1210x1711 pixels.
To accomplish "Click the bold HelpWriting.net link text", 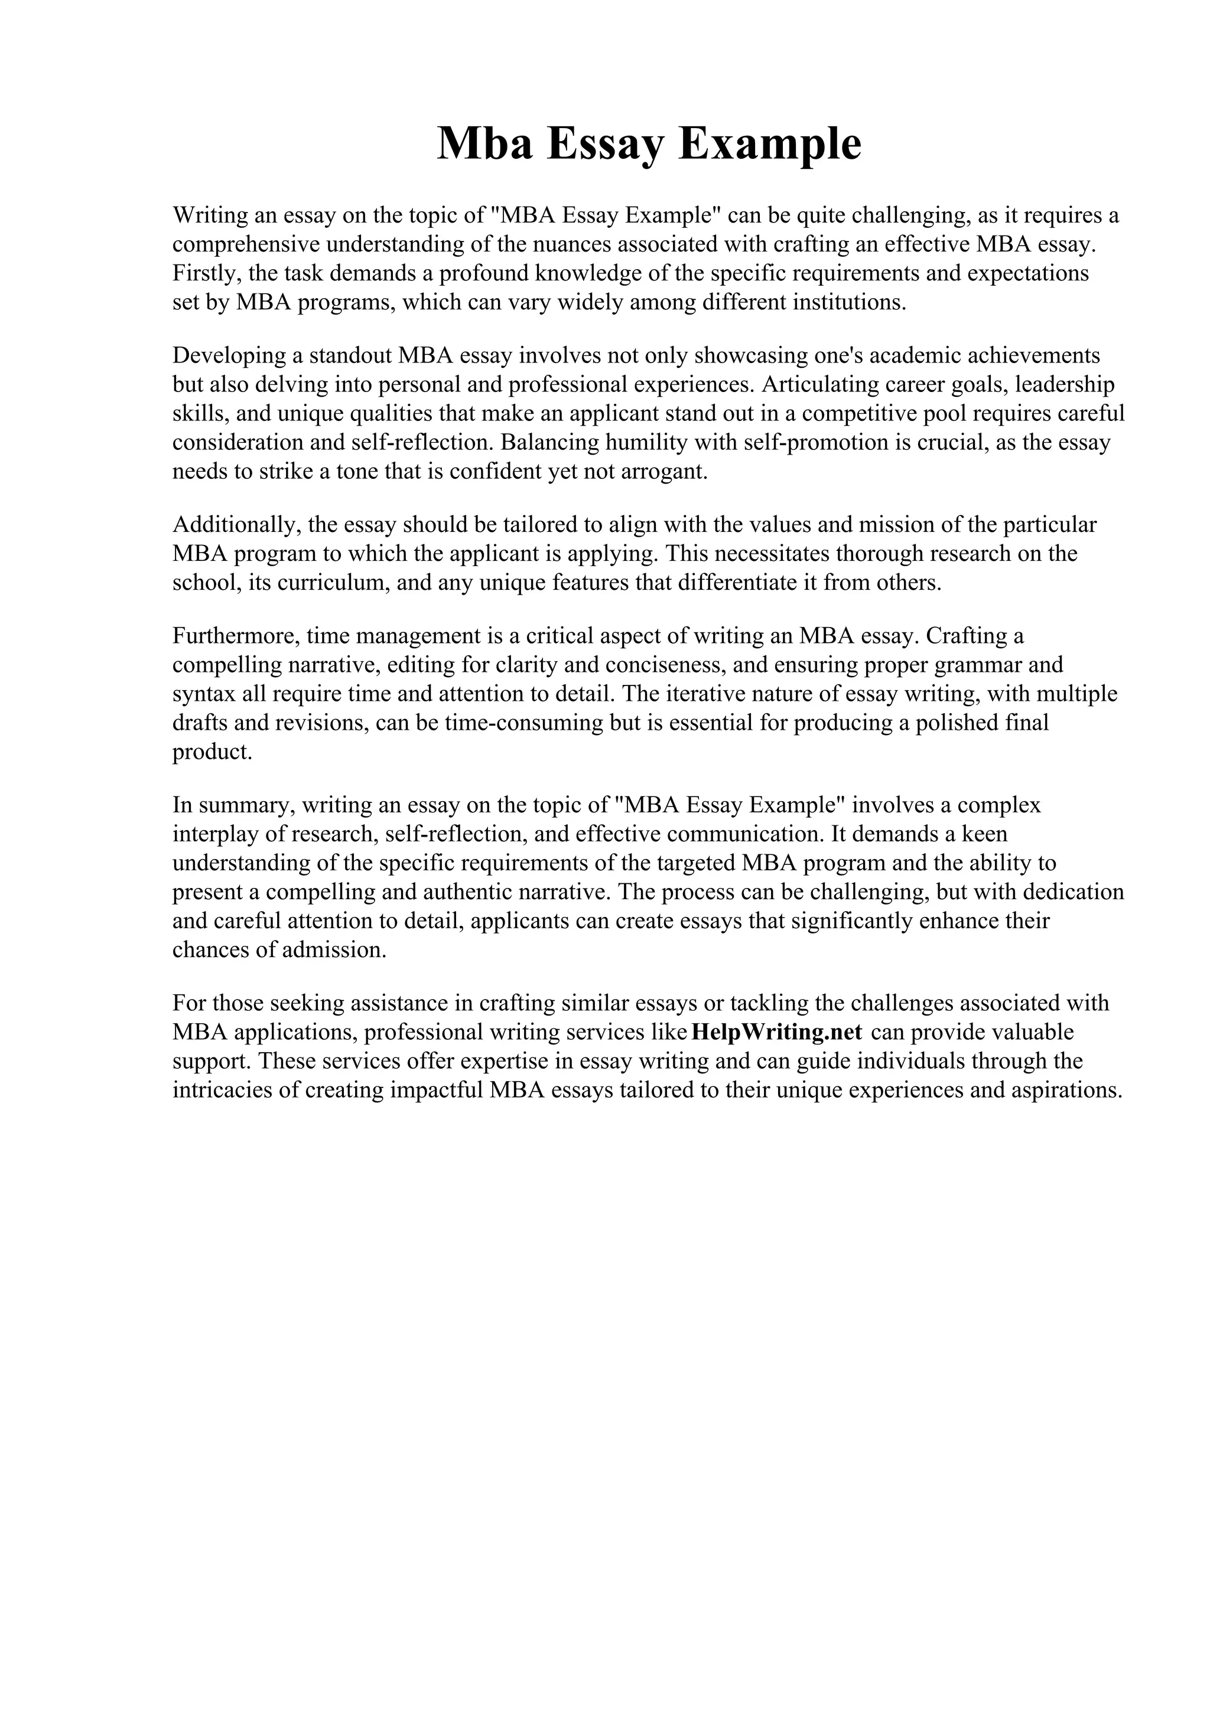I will pos(776,1032).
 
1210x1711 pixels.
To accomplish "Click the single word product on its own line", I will pos(212,752).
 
